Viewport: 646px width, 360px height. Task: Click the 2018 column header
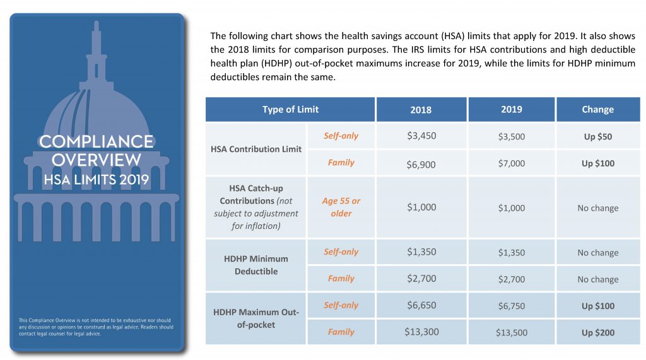421,110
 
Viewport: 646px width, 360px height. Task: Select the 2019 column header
511,110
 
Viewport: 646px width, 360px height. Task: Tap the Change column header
598,110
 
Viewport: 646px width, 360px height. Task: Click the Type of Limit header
290,110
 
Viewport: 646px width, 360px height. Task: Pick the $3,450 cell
421,136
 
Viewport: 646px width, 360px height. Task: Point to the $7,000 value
511,163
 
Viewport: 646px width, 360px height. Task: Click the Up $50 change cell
598,137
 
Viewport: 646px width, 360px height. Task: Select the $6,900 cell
421,165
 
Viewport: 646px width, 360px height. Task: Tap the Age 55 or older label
341,207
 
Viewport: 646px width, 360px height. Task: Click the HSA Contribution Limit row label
256,149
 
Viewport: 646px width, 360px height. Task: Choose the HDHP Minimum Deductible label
256,265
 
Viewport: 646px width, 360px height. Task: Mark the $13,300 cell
421,332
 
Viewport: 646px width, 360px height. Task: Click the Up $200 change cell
598,333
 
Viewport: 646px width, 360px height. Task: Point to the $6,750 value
511,306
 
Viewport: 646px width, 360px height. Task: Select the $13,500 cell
511,333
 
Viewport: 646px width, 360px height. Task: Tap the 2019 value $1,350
511,252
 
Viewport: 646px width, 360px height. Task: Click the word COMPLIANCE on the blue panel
97,142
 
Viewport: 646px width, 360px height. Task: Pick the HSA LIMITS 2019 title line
97,180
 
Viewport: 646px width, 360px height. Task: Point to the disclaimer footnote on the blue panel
96,327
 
